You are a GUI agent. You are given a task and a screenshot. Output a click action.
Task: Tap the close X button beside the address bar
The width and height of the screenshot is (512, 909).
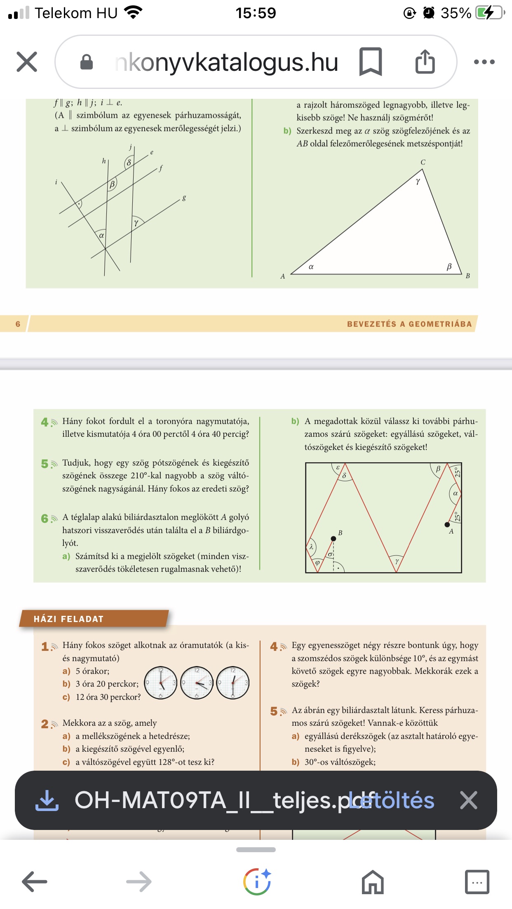(27, 62)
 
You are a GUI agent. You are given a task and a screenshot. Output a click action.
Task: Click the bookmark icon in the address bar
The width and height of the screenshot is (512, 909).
(370, 62)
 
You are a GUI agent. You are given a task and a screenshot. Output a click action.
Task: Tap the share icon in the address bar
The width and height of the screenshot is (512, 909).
(425, 62)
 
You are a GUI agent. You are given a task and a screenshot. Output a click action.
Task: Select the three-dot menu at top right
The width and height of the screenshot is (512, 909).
(484, 62)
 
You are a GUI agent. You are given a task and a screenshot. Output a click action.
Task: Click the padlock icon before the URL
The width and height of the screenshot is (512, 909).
(86, 62)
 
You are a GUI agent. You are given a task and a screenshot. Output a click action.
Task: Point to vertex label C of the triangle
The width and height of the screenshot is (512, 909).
(423, 162)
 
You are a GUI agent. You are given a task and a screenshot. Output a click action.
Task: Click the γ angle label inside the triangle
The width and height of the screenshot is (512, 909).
(418, 181)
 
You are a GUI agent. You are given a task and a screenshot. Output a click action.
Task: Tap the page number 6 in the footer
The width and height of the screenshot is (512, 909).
(18, 324)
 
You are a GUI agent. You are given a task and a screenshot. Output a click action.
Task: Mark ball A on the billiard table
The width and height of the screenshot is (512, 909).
(447, 524)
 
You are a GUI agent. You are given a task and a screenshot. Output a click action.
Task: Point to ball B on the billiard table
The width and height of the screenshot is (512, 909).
(333, 538)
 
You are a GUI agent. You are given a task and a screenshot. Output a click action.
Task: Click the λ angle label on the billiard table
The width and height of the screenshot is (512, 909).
(312, 547)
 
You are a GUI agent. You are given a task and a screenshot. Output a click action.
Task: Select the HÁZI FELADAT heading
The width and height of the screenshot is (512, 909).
(68, 619)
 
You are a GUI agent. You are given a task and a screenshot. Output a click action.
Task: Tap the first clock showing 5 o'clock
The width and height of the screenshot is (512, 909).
(161, 683)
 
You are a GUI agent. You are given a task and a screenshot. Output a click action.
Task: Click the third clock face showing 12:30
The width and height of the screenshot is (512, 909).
(233, 683)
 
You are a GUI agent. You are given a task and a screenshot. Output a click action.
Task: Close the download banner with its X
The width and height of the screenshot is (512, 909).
(469, 800)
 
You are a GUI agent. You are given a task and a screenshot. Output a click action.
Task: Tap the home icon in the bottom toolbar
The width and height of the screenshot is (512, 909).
(373, 882)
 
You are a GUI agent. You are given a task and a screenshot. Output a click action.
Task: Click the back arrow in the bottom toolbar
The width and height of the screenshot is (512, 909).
(35, 882)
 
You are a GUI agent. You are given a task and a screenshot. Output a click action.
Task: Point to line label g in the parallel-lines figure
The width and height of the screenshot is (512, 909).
(184, 198)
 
